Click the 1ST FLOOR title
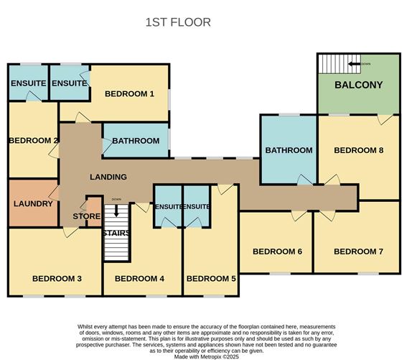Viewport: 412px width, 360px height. pyautogui.click(x=178, y=22)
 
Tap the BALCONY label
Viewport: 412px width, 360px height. pyautogui.click(x=359, y=85)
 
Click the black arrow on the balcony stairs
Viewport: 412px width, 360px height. pyautogui.click(x=354, y=64)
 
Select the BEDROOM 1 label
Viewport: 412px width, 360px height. pyautogui.click(x=129, y=93)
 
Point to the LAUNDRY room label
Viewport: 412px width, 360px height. pyautogui.click(x=33, y=203)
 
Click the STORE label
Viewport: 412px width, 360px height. pyautogui.click(x=86, y=216)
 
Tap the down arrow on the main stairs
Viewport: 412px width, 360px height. pyautogui.click(x=116, y=211)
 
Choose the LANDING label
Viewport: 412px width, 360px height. pyautogui.click(x=108, y=177)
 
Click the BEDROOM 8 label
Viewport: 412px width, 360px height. pyautogui.click(x=359, y=150)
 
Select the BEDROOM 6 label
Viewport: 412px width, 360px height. pyautogui.click(x=277, y=251)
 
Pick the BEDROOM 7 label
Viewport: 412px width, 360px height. pyautogui.click(x=358, y=251)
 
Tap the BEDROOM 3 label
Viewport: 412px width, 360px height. pyautogui.click(x=57, y=279)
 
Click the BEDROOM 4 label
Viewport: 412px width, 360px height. pyautogui.click(x=139, y=279)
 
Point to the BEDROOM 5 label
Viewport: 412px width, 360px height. pyautogui.click(x=211, y=279)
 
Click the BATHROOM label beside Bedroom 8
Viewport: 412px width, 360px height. pyautogui.click(x=289, y=150)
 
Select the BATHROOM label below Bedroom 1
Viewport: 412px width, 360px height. pyautogui.click(x=136, y=141)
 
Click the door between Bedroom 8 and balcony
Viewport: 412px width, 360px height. pyautogui.click(x=385, y=119)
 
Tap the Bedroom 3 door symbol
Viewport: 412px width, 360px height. pyautogui.click(x=70, y=232)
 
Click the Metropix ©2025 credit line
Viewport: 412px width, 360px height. pyautogui.click(x=207, y=357)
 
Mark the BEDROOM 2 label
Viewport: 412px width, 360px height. pyautogui.click(x=33, y=141)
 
